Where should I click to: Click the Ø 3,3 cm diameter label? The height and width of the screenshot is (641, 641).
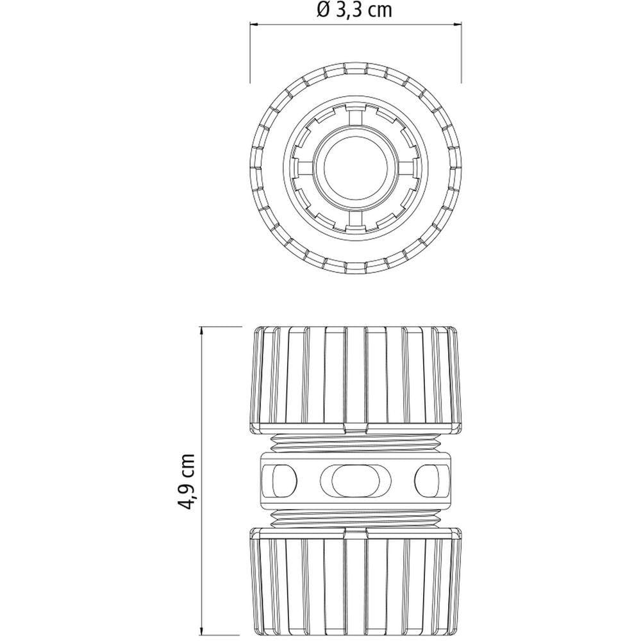pyautogui.click(x=354, y=10)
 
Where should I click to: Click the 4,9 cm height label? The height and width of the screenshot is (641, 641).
pyautogui.click(x=187, y=481)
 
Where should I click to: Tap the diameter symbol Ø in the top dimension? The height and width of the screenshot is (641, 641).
pyautogui.click(x=323, y=10)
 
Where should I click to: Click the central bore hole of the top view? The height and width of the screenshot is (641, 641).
pyautogui.click(x=355, y=168)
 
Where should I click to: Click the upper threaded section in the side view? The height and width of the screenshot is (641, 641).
pyautogui.click(x=355, y=442)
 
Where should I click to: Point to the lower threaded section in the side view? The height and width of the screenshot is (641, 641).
pyautogui.click(x=355, y=519)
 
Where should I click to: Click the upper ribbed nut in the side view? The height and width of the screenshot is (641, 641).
pyautogui.click(x=355, y=378)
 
